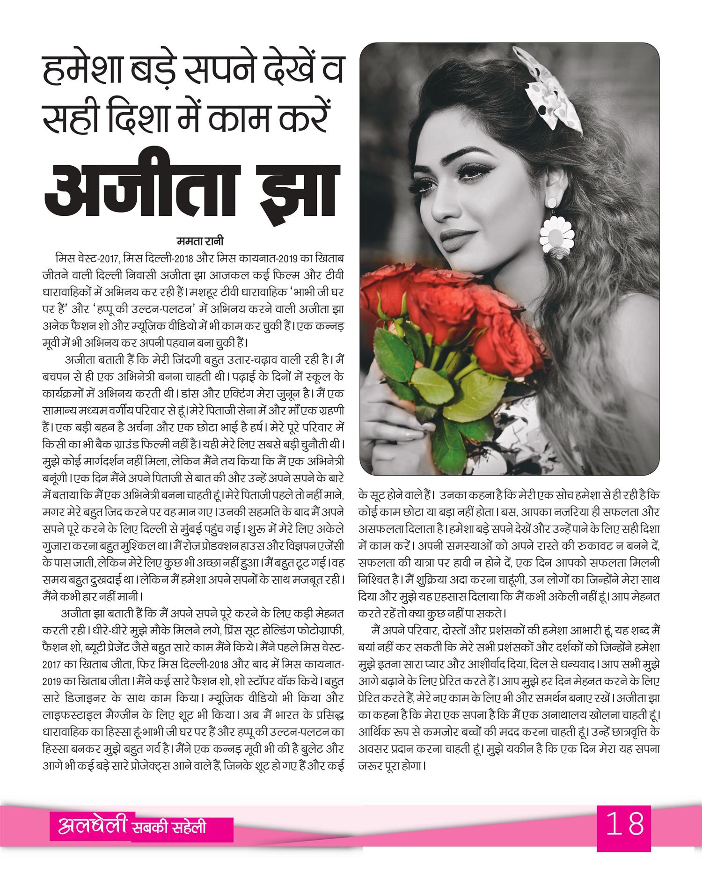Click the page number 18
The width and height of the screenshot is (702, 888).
[x=624, y=837]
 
